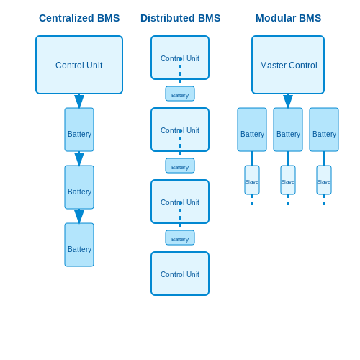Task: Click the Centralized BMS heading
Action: click(x=79, y=18)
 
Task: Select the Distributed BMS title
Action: click(x=180, y=18)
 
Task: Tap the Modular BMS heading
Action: click(x=288, y=18)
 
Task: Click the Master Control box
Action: click(x=288, y=65)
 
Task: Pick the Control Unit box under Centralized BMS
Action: click(x=79, y=65)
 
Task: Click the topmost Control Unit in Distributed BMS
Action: click(x=180, y=58)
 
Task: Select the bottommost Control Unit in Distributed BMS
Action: click(x=180, y=274)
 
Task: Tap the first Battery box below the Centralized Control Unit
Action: click(x=79, y=130)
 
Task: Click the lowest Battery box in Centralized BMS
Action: click(x=79, y=245)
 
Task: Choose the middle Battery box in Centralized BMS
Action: click(x=79, y=187)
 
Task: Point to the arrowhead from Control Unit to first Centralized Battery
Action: click(x=79, y=102)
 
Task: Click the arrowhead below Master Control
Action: click(x=288, y=102)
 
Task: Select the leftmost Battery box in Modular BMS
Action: click(x=252, y=130)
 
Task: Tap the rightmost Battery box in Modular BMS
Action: click(x=324, y=130)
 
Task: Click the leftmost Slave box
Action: click(x=252, y=180)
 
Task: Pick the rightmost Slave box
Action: click(x=324, y=180)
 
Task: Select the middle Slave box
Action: click(x=288, y=180)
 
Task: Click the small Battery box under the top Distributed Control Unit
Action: click(x=180, y=94)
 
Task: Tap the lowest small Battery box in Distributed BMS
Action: click(x=180, y=238)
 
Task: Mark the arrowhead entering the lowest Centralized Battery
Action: click(x=79, y=217)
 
